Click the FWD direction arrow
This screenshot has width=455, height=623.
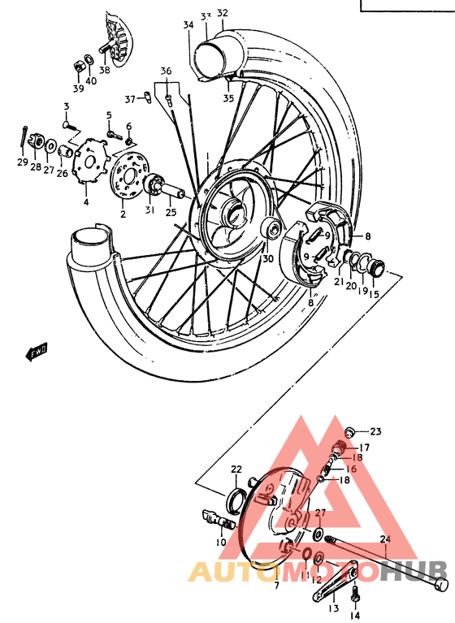coord(37,351)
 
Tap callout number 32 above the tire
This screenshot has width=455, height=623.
coord(223,13)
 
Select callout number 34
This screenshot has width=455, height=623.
coord(188,25)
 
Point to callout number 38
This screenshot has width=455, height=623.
coord(105,70)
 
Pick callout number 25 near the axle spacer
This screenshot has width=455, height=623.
coord(171,212)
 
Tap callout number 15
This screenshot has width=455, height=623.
coord(374,294)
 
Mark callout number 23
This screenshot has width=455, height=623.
coord(375,431)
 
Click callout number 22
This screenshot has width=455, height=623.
coord(236,469)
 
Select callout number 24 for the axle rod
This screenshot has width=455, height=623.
coord(384,539)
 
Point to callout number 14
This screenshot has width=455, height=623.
coord(355,615)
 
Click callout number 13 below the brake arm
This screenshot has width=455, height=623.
coord(333,608)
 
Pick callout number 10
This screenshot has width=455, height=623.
coord(221,541)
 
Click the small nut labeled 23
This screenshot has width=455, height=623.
coord(349,430)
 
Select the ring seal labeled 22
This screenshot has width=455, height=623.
coord(235,496)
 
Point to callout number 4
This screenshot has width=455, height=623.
coord(86,201)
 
